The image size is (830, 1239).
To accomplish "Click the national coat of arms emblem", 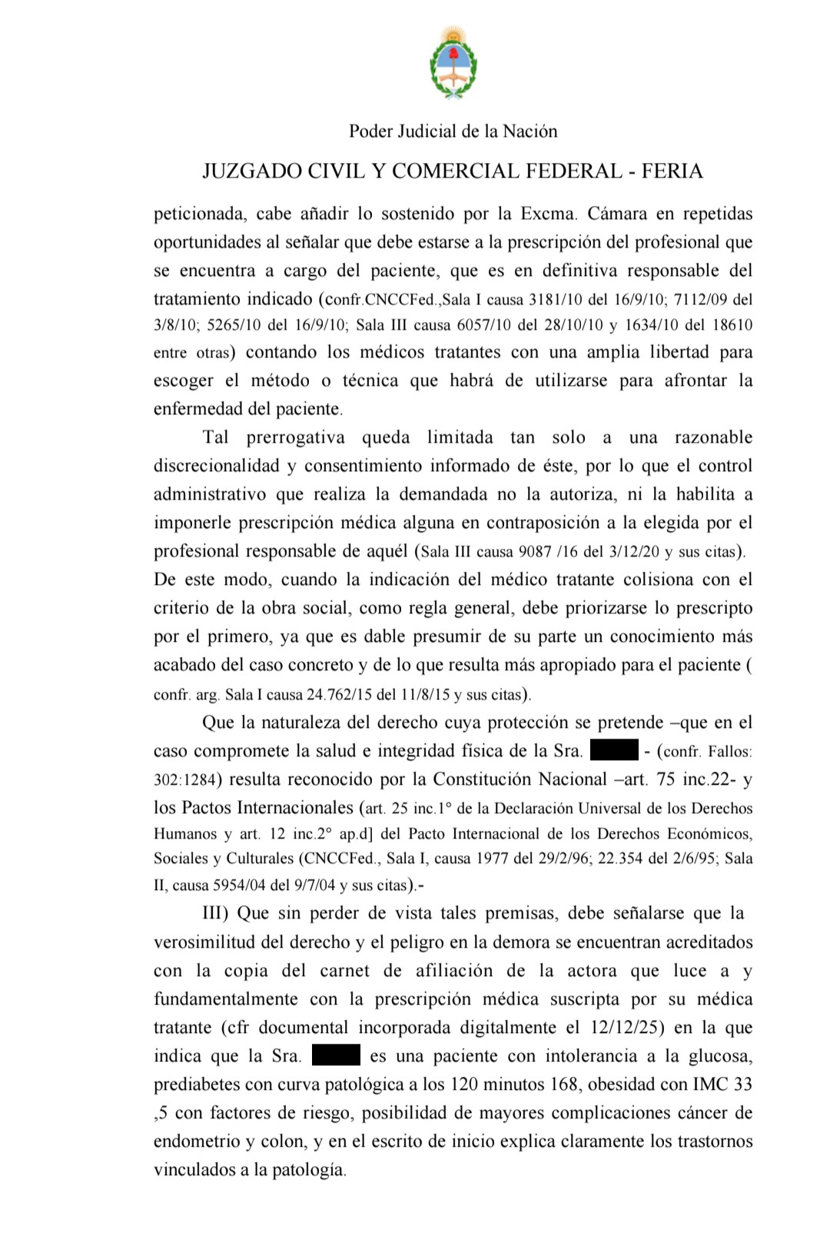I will tap(453, 62).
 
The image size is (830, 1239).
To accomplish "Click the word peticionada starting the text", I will tap(198, 214).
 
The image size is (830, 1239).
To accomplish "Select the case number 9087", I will tap(536, 552).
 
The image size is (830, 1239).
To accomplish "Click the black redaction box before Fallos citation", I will tap(614, 750).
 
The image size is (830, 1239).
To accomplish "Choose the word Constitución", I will tap(486, 779).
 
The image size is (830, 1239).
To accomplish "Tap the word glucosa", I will tap(720, 1056).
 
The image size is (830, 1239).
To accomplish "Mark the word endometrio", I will tap(197, 1141).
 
